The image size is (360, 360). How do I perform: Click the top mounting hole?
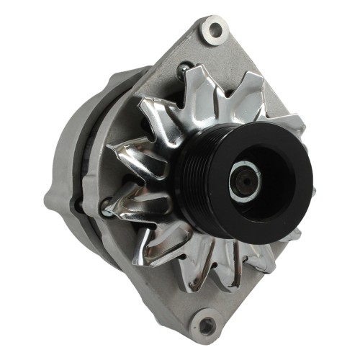coord(213,30)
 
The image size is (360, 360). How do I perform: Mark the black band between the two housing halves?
coord(93,144)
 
